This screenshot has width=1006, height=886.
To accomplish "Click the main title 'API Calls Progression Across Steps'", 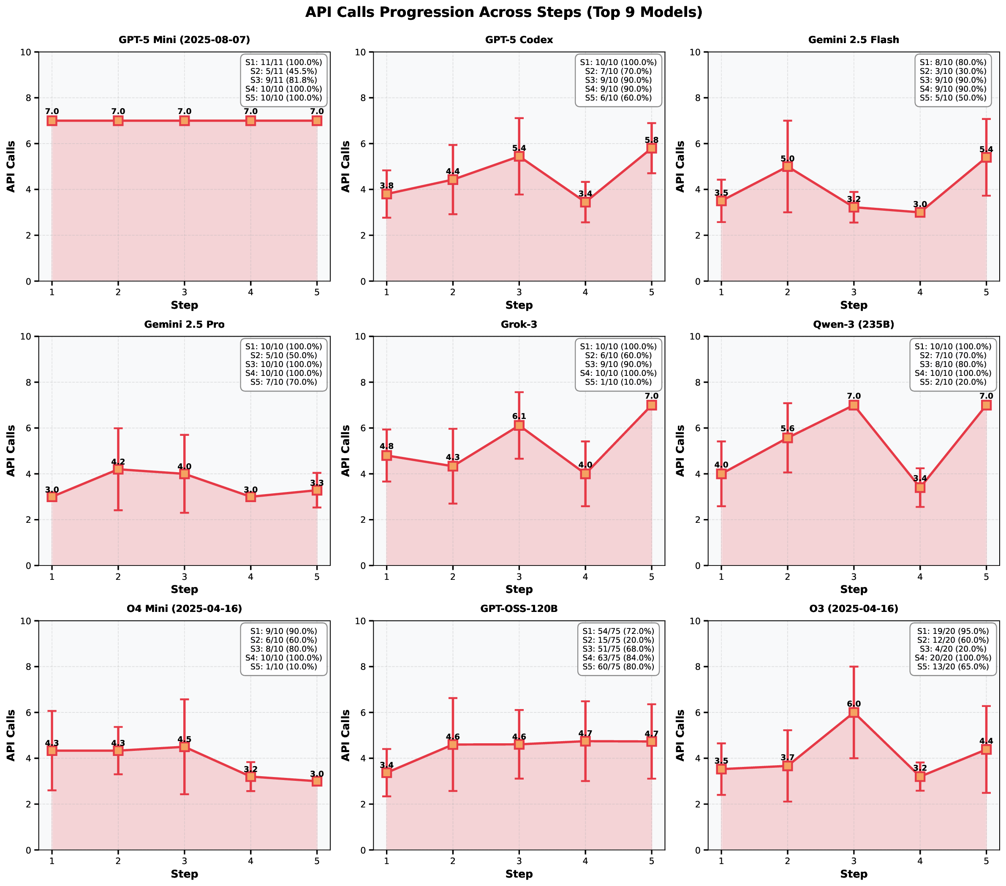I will pos(503,12).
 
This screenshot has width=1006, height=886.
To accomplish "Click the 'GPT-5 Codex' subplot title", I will pos(519,40).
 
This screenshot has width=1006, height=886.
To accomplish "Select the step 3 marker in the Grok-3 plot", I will pos(519,425).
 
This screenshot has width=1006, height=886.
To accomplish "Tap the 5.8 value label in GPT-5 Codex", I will pos(651,140).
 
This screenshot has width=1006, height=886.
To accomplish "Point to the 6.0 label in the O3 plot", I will pos(854,704).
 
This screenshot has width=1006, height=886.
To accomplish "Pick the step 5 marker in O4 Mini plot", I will pos(316,781).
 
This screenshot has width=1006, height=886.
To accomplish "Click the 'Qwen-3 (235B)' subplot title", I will pos(854,324).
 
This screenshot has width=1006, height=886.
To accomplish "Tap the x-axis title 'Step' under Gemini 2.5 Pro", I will pos(184,589).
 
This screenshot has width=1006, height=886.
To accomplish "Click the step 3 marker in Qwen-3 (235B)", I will pos(854,405).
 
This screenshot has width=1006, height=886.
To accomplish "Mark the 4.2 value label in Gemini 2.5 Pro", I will pos(118,462).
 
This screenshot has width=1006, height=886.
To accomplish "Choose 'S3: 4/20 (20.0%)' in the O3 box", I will pos(952,649).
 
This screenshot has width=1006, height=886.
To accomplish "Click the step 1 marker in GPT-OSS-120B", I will pos(386,773).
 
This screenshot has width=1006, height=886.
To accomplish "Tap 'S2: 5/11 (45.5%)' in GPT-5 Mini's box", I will pos(283,71).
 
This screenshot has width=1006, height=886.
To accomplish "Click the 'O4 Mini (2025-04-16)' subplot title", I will pos(184,609).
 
